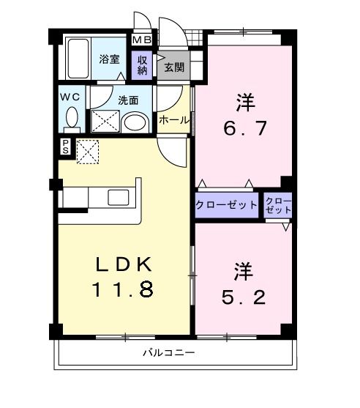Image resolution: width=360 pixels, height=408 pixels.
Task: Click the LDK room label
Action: pyautogui.click(x=123, y=264)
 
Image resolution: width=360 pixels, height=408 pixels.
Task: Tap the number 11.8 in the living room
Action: pyautogui.click(x=122, y=289)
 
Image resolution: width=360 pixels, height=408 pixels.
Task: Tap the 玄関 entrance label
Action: pyautogui.click(x=174, y=68)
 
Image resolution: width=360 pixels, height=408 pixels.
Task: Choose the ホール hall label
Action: pyautogui.click(x=173, y=119)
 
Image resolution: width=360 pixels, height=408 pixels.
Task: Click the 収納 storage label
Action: pyautogui.click(x=142, y=64)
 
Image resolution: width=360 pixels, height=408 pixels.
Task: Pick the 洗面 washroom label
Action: pyautogui.click(x=129, y=100)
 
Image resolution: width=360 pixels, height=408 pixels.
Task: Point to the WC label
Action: pyautogui.click(x=70, y=95)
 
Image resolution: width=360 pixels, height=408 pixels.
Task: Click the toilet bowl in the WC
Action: pyautogui.click(x=71, y=117)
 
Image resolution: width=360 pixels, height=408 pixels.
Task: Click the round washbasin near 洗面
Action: pyautogui.click(x=133, y=121)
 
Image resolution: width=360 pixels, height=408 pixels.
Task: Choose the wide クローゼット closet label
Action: pyautogui.click(x=226, y=205)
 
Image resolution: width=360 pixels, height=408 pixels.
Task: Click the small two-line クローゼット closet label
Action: pyautogui.click(x=278, y=205)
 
